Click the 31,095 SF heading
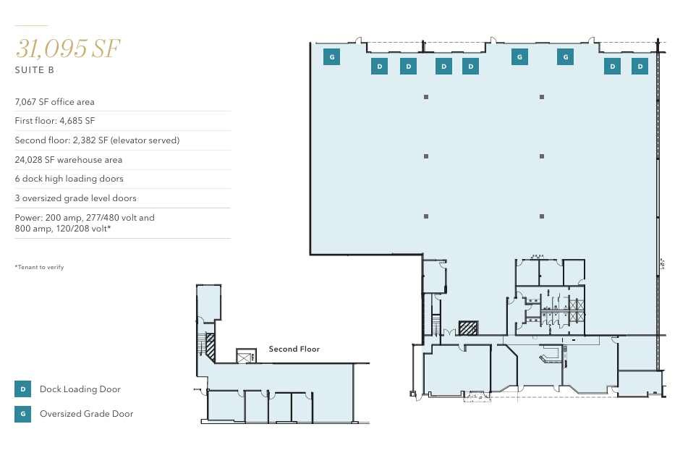[x=67, y=48]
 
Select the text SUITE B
[x=35, y=71]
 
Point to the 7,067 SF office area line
[x=54, y=102]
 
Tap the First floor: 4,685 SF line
[x=55, y=121]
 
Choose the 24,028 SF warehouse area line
[x=69, y=160]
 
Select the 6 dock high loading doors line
[x=69, y=179]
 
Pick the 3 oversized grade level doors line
[x=75, y=198]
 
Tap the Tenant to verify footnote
[x=39, y=268]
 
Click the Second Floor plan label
[x=294, y=349]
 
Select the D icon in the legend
[x=22, y=389]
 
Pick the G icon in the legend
[x=22, y=415]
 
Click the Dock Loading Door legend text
[x=80, y=389]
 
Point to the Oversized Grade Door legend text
[x=87, y=414]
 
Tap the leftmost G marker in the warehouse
[x=331, y=56]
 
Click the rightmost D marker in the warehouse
[x=640, y=67]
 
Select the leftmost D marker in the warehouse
[x=380, y=67]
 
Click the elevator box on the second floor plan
[x=245, y=355]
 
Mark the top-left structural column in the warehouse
[x=426, y=97]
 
